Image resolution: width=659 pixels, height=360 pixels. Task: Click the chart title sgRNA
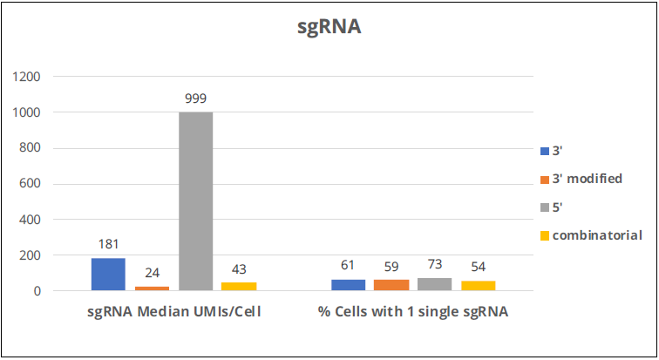329,27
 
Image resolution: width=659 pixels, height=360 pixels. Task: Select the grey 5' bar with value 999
195,201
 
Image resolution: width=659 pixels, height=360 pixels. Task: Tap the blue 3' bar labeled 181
108,274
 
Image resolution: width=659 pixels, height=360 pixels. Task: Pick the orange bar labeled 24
152,288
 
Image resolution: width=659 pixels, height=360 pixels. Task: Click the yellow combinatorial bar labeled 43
238,286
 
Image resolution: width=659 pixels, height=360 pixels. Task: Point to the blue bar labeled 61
348,285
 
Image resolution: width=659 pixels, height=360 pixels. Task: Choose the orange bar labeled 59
391,285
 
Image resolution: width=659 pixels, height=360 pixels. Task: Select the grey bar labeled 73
434,284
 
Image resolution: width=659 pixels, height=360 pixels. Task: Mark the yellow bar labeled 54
478,286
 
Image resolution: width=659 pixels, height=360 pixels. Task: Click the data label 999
195,98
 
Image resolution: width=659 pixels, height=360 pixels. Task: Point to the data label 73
434,265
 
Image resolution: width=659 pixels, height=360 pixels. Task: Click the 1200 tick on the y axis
27,77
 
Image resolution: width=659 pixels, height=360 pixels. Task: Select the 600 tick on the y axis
31,184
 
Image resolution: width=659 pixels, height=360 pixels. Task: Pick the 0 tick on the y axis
37,291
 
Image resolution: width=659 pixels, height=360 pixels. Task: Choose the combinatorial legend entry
597,235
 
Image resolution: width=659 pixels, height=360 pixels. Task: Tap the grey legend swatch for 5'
545,207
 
